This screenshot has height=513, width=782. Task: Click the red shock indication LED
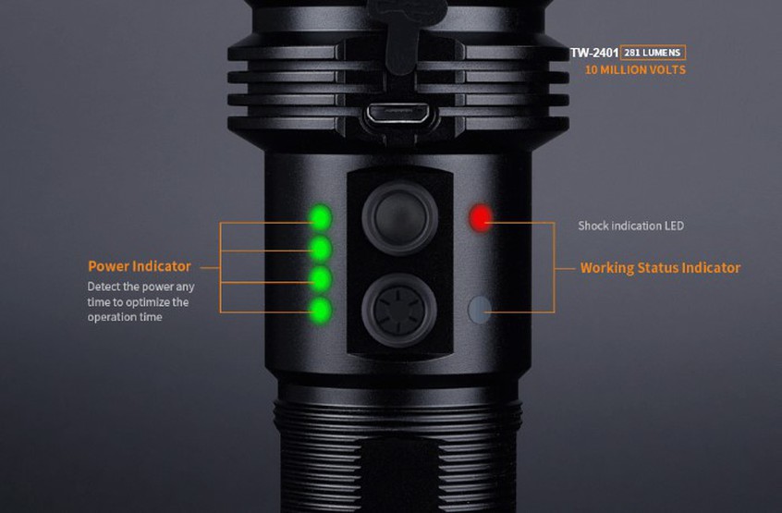[x=481, y=218]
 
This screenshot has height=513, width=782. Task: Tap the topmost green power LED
[x=321, y=217]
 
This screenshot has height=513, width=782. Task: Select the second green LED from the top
[x=321, y=248]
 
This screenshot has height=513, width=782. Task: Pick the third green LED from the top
[x=321, y=278]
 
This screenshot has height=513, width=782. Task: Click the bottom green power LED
[x=321, y=309]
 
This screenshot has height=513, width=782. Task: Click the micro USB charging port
[x=397, y=115]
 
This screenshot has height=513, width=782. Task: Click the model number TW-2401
[x=594, y=53]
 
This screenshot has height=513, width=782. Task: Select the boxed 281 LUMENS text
[x=653, y=53]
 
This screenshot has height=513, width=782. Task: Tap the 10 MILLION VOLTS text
[x=635, y=70]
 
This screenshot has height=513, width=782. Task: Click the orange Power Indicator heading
[x=140, y=266]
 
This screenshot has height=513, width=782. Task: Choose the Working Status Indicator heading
[x=660, y=268]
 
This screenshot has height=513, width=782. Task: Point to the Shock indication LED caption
[x=630, y=226]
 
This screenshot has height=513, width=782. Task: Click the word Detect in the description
[x=104, y=287]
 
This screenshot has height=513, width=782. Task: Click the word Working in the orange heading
[x=606, y=268]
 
